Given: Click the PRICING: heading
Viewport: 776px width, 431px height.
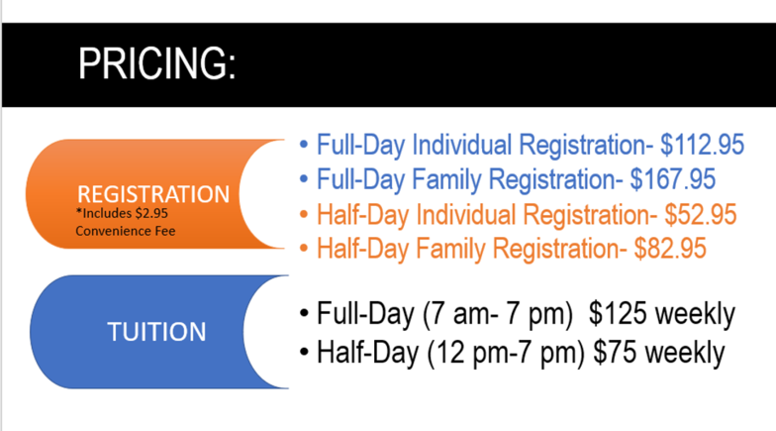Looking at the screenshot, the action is pos(156,63).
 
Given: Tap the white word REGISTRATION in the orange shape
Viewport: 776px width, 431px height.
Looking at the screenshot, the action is pos(153,194).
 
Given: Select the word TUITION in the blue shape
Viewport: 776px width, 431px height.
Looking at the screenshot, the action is pos(156,331).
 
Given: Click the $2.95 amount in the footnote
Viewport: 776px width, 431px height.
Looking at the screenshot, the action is pos(151,214).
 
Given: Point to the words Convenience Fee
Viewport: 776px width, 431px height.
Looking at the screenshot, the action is pos(125,231).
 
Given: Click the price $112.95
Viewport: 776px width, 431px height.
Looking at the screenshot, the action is pos(703,145).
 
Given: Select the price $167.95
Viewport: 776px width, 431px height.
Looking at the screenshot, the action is pos(673,178).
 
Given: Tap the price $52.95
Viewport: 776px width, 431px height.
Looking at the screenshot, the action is pos(701,214).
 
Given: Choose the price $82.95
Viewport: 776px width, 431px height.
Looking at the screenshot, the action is pos(670,248).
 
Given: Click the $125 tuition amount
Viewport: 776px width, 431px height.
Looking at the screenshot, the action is pos(618,313).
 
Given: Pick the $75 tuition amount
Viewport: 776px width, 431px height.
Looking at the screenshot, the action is pos(615,353).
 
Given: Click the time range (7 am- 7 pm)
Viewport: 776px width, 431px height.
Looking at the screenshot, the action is pos(497,315).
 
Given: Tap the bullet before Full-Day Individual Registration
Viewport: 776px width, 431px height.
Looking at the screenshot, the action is pos(304,145).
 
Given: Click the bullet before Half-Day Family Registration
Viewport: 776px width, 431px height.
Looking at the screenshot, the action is pos(304,248).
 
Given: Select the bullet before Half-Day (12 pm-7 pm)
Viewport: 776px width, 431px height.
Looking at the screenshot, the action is pos(304,353).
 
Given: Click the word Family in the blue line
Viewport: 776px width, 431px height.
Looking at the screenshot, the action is pos(445,180).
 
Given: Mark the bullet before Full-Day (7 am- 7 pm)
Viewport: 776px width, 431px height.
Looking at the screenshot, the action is pos(304,314).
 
